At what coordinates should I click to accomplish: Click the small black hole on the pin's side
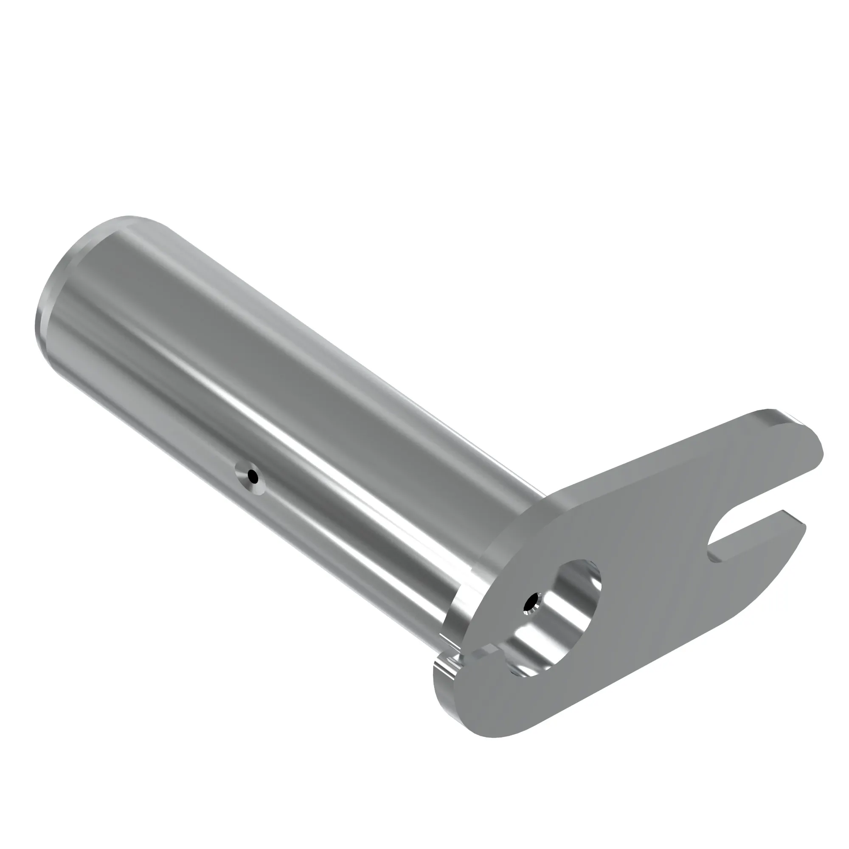pyautogui.click(x=252, y=476)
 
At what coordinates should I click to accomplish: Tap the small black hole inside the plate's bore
pyautogui.click(x=532, y=602)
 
